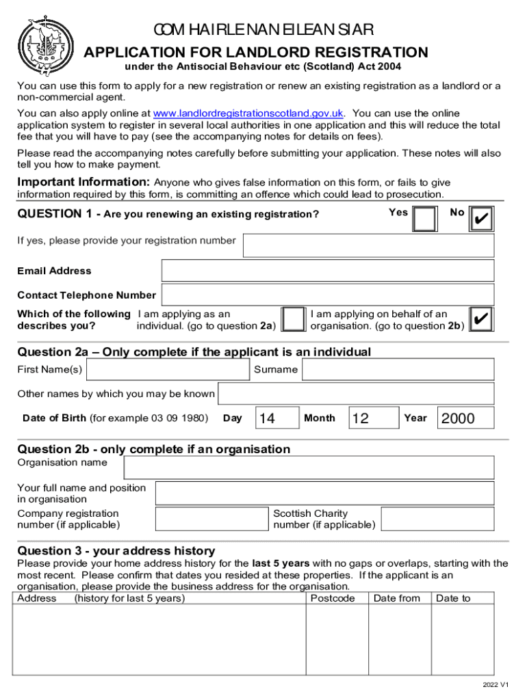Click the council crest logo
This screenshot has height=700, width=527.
tap(44, 45)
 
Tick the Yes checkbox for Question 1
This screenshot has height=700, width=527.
tap(426, 219)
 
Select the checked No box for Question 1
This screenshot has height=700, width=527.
tap(481, 219)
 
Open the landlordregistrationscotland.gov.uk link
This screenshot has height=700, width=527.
tap(248, 113)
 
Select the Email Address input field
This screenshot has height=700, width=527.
tap(327, 271)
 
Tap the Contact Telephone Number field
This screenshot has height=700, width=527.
tap(327, 295)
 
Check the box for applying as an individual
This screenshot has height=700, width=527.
tap(294, 320)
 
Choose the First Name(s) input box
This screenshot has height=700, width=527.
tap(168, 370)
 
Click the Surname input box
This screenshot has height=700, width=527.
tap(398, 370)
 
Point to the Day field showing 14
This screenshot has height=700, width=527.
tap(277, 418)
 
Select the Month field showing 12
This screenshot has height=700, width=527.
tap(374, 418)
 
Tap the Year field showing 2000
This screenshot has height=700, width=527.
tap(465, 418)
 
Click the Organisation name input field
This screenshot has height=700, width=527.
tap(309, 468)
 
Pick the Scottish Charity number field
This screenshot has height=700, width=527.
tap(437, 519)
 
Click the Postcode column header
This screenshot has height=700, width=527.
tap(333, 599)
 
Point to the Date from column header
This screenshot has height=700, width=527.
tap(397, 599)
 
